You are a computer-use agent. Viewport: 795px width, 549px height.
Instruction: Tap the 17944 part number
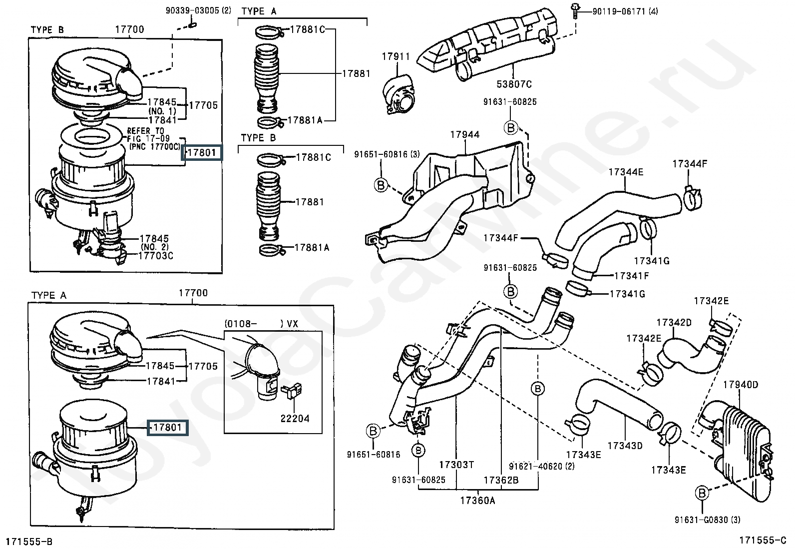(464, 134)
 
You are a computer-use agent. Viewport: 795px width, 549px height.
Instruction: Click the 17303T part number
(456, 465)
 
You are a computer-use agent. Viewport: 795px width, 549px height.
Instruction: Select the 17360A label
(477, 500)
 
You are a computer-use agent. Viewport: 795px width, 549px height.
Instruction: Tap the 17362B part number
(501, 480)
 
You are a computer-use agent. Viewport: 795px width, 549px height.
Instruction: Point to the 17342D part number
(674, 323)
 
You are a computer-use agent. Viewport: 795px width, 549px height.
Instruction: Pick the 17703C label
(155, 256)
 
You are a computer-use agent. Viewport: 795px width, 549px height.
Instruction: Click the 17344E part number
(626, 172)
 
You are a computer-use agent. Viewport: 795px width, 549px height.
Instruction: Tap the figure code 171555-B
(29, 542)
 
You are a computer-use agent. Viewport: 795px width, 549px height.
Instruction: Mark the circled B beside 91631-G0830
(702, 494)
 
